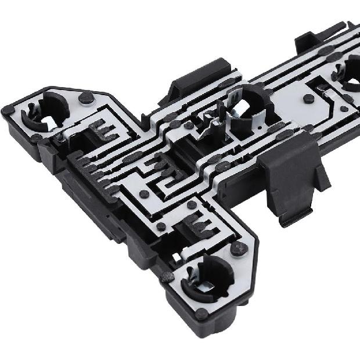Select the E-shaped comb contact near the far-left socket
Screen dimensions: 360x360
104,131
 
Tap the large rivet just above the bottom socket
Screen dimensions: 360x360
239,248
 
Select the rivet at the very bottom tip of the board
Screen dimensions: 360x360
201,314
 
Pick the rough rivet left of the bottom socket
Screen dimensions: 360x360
167,277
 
